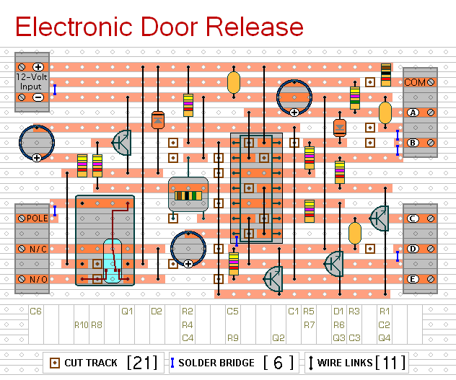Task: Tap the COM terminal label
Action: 415,82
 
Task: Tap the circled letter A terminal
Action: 413,112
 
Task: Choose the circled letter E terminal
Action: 413,279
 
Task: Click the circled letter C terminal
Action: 413,218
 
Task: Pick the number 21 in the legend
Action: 142,362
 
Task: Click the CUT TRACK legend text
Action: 91,363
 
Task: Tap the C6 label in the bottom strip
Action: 36,311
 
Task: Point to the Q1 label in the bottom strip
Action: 127,311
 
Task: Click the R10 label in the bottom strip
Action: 81,324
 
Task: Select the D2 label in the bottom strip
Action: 157,311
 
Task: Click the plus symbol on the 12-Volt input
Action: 38,66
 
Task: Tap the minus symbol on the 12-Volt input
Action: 38,97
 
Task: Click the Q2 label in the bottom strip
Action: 278,337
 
